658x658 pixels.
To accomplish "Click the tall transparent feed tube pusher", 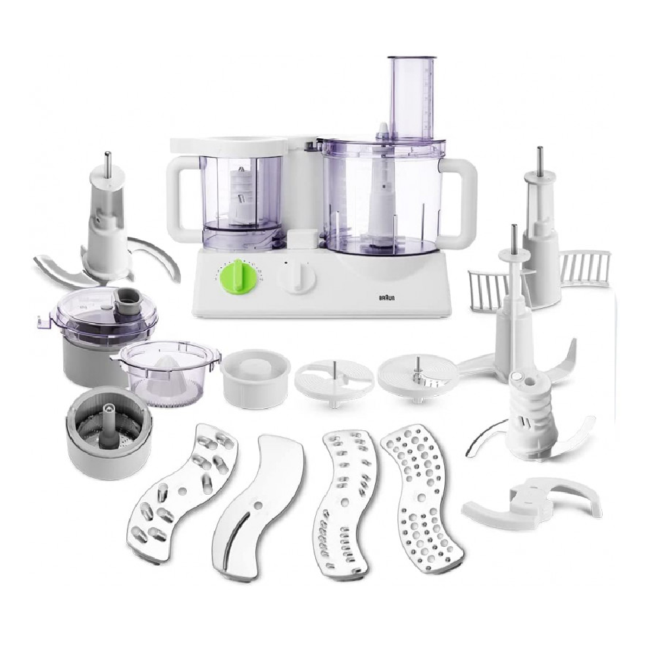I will [412, 99].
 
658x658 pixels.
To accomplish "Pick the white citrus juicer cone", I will [160, 372].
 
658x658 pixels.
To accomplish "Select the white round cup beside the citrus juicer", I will [256, 378].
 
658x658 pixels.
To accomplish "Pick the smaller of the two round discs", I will [334, 380].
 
